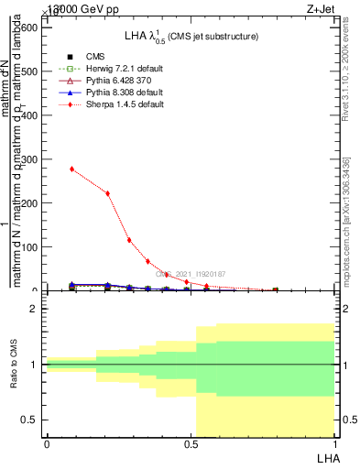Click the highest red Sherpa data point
click(71, 169)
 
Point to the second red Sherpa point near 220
click(107, 193)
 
